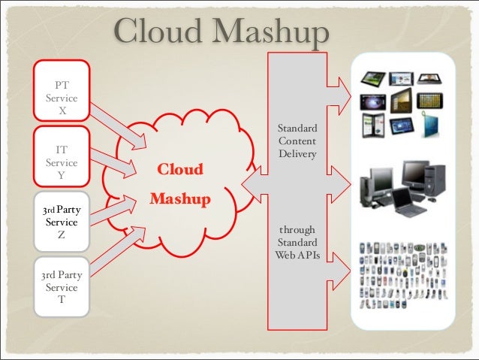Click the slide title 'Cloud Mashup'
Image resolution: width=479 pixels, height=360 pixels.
click(222, 32)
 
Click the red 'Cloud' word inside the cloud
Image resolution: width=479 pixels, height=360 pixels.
click(179, 169)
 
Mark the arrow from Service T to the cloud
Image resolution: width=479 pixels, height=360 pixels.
click(120, 248)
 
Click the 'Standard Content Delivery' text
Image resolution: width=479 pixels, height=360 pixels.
click(297, 141)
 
